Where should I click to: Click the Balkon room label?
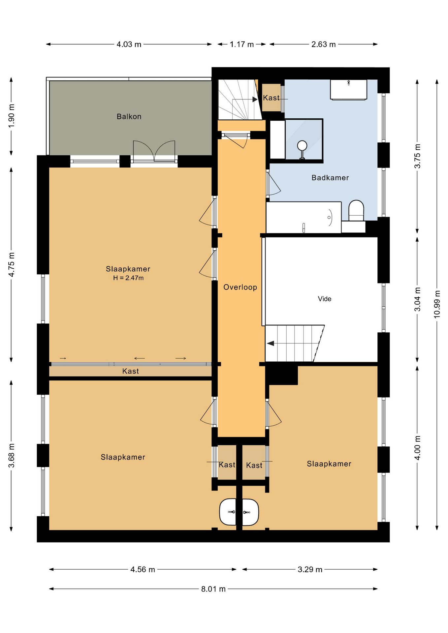point(129,116)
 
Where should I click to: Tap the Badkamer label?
point(330,178)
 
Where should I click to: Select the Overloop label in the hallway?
point(240,287)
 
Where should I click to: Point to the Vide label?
point(325,299)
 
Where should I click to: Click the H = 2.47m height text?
point(128,278)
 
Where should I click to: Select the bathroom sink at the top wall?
point(349,89)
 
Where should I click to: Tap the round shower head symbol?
point(302,145)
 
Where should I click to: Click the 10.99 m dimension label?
point(437,304)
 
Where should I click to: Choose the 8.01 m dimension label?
point(213,589)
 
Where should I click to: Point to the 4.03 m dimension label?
point(129,44)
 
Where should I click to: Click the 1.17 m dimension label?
point(242,44)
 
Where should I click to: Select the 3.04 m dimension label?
point(417,299)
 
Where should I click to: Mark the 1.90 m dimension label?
point(11,116)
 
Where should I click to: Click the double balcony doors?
point(154,151)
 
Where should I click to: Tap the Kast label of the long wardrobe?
point(131,371)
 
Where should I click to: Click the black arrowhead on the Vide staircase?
point(271,344)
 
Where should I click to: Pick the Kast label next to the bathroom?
point(271,98)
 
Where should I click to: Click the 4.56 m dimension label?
point(143,569)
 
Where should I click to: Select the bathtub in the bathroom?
point(304,218)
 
